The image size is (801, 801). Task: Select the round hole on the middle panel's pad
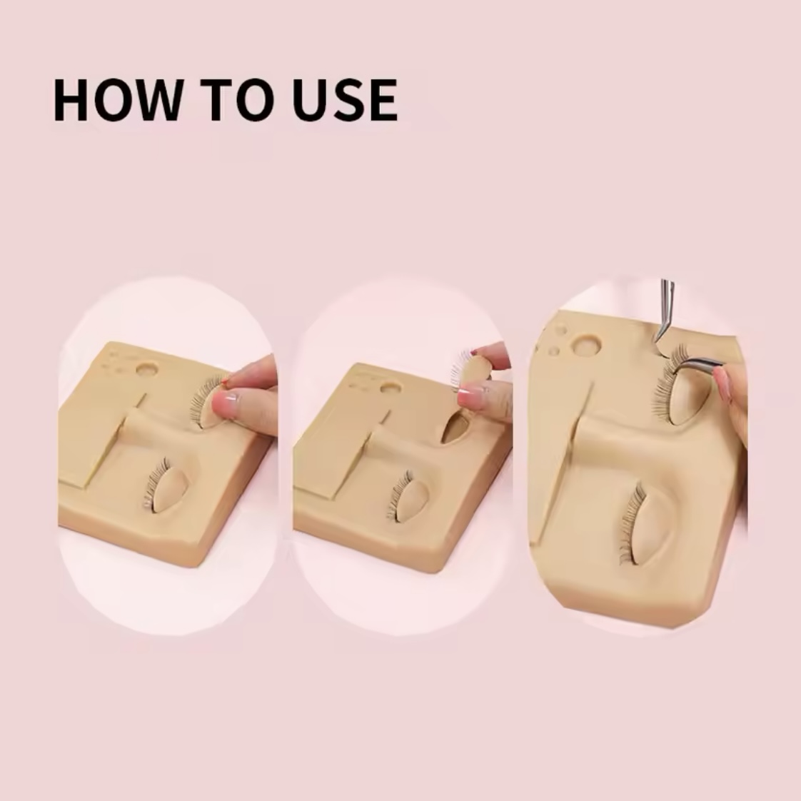pos(391,388)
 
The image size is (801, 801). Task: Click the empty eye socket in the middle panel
pos(455,428)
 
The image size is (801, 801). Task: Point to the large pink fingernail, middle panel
pos(471,396)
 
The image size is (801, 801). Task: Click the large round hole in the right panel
pos(585,345)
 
